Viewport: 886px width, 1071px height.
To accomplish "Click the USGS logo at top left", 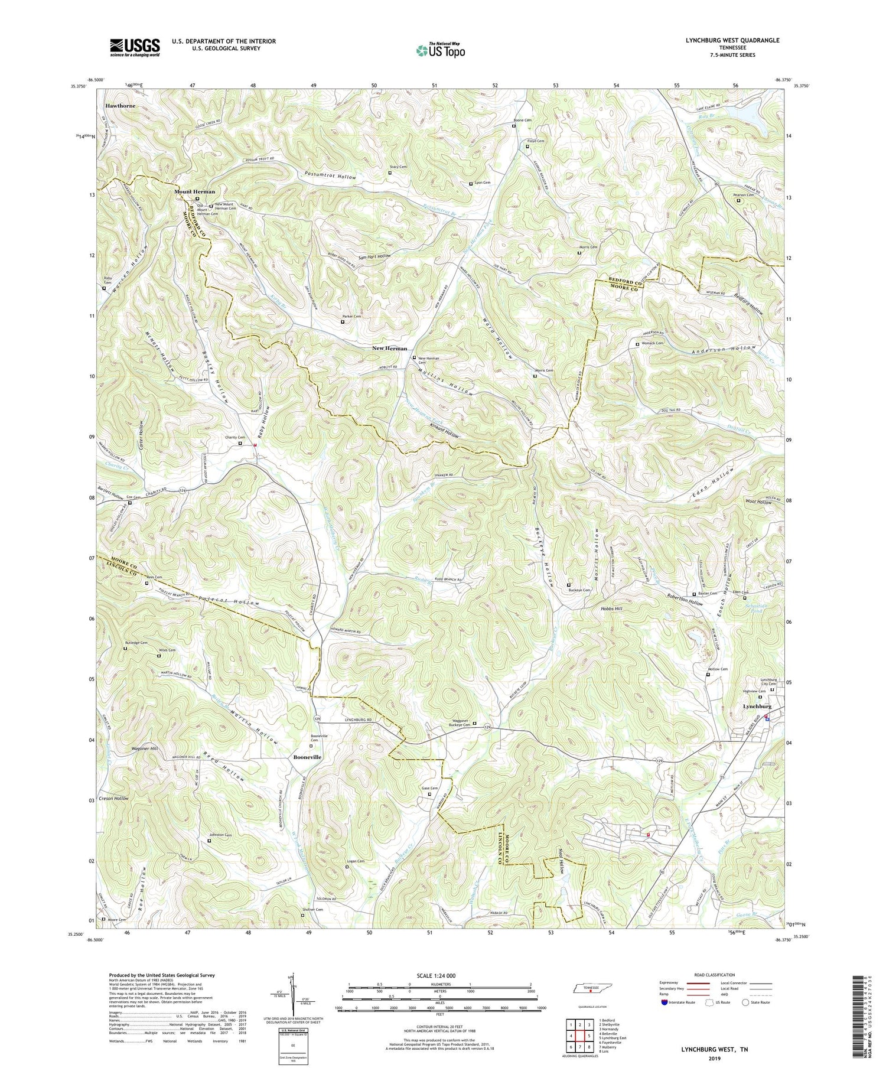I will click(134, 48).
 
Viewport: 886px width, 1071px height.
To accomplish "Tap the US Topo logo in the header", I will click(440, 51).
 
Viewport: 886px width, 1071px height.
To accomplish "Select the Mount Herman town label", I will click(194, 192).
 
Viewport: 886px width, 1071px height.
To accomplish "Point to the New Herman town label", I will click(389, 349).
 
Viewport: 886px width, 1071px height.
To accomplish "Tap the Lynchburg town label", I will click(757, 707).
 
